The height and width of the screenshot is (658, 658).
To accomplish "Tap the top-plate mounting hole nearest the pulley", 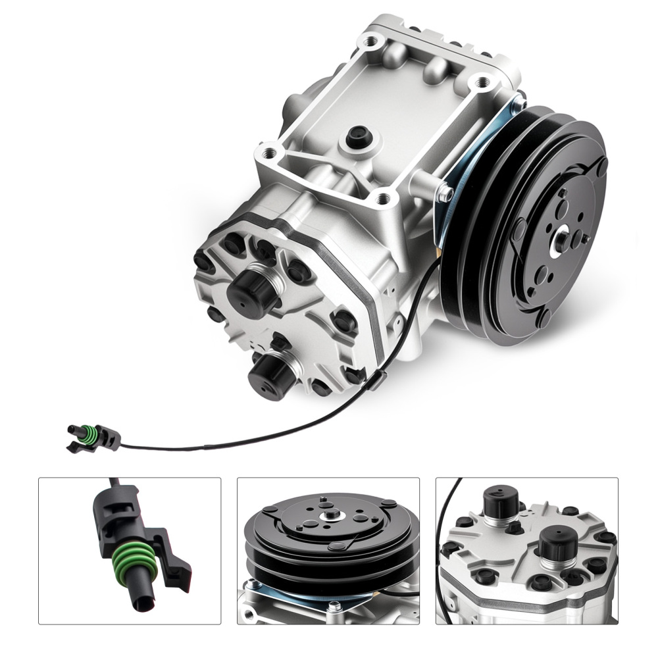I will coord(484,82).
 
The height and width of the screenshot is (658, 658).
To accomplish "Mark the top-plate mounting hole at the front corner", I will coord(384,197).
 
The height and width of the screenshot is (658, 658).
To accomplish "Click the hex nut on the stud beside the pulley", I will coord(445,193).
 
